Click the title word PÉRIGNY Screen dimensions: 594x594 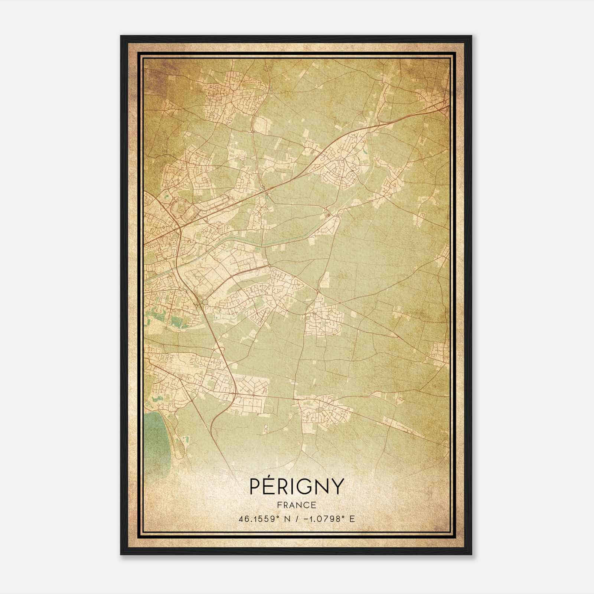click(x=297, y=486)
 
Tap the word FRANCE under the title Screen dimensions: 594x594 click(x=297, y=505)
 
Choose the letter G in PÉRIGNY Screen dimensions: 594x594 click(x=307, y=486)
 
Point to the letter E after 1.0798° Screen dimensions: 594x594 click(x=352, y=519)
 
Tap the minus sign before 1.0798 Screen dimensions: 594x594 click(x=305, y=519)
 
